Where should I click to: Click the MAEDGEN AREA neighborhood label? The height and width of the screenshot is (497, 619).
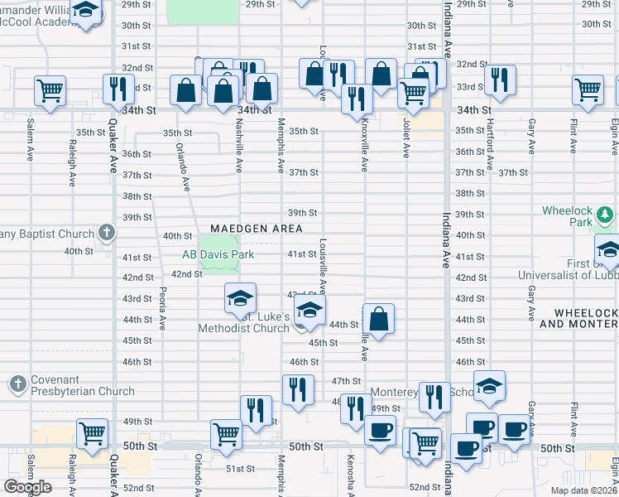(256, 228)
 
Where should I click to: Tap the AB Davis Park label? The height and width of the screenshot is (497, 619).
(217, 255)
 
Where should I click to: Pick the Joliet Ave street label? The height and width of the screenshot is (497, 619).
(406, 133)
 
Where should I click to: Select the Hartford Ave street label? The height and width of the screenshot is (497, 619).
(490, 133)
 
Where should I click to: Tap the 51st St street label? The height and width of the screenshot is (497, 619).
(240, 469)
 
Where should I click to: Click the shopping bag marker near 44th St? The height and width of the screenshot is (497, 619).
(378, 318)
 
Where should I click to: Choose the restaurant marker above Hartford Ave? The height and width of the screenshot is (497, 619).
(500, 79)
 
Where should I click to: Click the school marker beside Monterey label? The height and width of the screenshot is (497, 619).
(489, 384)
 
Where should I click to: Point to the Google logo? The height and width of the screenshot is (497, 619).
(27, 487)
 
